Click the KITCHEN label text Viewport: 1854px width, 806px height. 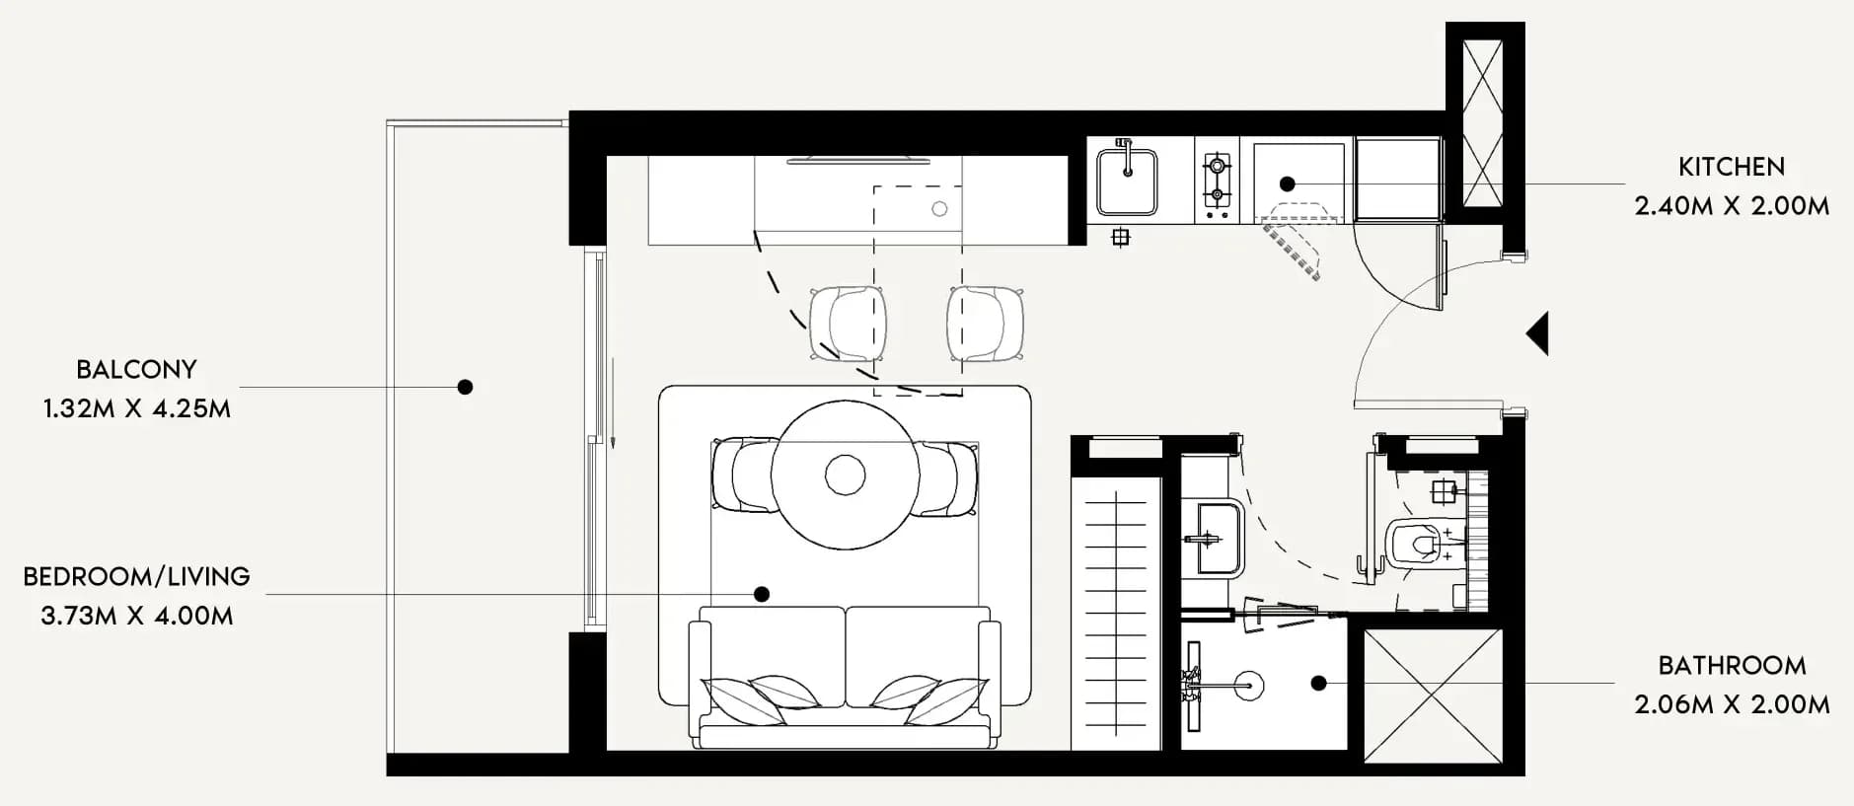point(1732,167)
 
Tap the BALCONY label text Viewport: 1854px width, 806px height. point(137,369)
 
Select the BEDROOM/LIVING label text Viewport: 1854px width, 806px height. point(137,576)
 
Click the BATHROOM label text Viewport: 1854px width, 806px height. point(1732,665)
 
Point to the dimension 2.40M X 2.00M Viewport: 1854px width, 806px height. point(1732,206)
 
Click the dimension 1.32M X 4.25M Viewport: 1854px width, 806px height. point(137,408)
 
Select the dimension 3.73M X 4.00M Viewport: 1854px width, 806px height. point(137,616)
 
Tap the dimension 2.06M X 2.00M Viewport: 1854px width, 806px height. point(1732,704)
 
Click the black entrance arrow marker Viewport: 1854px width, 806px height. point(1538,333)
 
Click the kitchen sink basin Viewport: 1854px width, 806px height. point(1127,182)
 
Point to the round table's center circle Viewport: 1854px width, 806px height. point(845,475)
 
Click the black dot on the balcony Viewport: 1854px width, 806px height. point(465,387)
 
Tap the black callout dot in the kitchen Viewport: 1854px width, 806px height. point(1287,183)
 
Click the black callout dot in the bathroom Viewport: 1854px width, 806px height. point(1318,683)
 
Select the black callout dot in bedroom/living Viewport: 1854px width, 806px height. point(761,594)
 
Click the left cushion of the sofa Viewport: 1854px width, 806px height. point(773,656)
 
